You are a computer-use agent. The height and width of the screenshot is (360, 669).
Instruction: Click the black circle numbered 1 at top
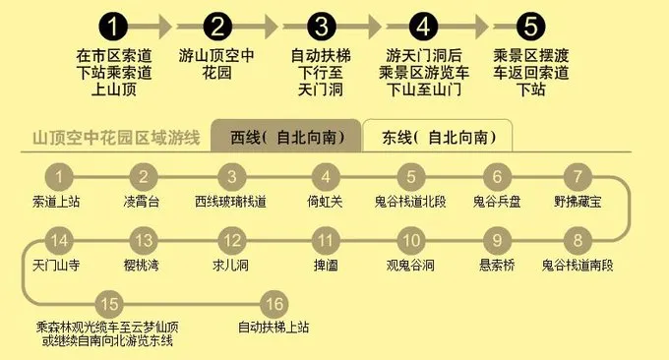pyautogui.click(x=116, y=24)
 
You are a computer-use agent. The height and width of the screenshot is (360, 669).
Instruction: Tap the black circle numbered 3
pyautogui.click(x=321, y=24)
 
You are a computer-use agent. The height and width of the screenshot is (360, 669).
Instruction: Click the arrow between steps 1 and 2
pyautogui.click(x=168, y=24)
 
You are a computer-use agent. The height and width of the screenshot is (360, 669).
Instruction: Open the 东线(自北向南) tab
pyautogui.click(x=437, y=137)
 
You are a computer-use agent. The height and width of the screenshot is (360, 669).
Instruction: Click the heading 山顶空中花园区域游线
pyautogui.click(x=116, y=137)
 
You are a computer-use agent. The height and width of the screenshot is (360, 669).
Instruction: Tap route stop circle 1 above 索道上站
pyautogui.click(x=61, y=178)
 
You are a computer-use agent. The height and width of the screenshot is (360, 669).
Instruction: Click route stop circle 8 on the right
pyautogui.click(x=578, y=240)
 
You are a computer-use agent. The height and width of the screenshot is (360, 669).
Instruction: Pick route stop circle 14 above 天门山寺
pyautogui.click(x=61, y=240)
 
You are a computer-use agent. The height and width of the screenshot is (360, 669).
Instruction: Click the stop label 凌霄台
pyautogui.click(x=144, y=202)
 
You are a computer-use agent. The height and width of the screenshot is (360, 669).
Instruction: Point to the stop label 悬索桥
pyautogui.click(x=498, y=265)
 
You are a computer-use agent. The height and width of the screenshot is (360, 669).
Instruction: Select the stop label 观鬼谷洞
pyautogui.click(x=410, y=265)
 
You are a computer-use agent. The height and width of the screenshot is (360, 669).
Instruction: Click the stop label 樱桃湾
pyautogui.click(x=144, y=265)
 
